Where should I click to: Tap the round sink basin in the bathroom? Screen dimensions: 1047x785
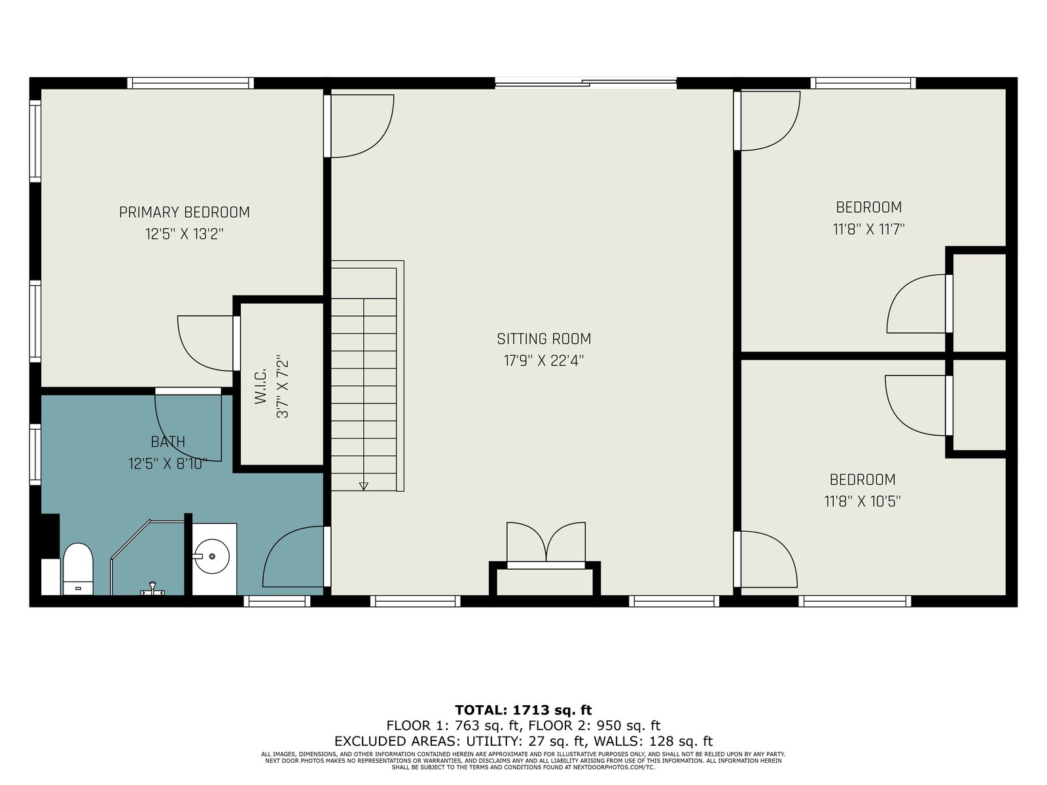(x=212, y=556)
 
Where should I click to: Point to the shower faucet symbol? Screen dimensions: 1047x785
(x=152, y=589)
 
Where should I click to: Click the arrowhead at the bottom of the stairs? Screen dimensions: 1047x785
(x=363, y=486)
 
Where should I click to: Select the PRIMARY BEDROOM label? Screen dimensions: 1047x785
(x=184, y=212)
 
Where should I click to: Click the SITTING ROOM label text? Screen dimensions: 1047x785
(x=544, y=339)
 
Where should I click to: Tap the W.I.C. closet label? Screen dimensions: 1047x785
(x=260, y=387)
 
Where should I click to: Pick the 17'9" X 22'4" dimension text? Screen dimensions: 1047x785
(x=544, y=360)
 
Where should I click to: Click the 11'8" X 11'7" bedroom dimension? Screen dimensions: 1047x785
(x=868, y=229)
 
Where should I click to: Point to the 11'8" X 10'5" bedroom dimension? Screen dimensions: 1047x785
(x=862, y=501)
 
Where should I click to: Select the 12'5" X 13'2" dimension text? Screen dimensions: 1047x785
(x=184, y=234)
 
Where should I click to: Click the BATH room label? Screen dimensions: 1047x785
(x=168, y=442)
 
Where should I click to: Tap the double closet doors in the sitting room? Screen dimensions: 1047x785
(x=546, y=544)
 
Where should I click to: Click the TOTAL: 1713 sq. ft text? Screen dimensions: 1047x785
(x=523, y=710)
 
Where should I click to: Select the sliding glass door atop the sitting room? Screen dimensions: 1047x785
(x=586, y=84)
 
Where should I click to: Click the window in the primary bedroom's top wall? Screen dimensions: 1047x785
(x=190, y=83)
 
